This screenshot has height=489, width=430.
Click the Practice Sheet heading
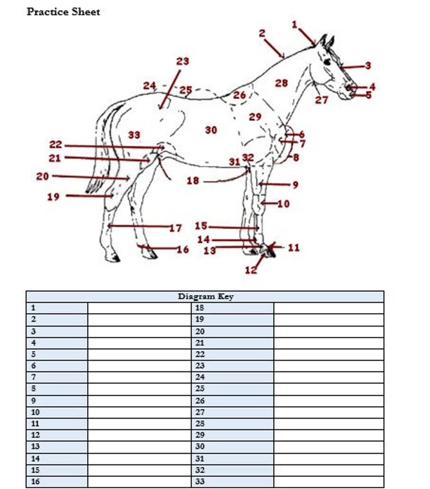pos(63,12)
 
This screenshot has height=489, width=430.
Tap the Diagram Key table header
pos(205,296)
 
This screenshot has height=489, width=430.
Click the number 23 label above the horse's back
pos(182,61)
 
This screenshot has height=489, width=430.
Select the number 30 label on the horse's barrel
pos(211,130)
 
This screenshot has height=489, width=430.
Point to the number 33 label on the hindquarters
pos(134,135)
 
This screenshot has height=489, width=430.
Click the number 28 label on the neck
pos(281,83)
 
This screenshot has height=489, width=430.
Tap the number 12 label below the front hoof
pos(250,270)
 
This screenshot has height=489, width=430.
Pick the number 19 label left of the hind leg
pos(53,197)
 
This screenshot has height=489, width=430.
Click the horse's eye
pos(327,62)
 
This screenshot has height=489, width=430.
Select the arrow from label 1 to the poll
pos(307,36)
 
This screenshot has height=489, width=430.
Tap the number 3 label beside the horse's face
pos(368,65)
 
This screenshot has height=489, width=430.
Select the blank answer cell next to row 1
pos(139,308)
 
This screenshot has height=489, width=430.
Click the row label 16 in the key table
pos(35,481)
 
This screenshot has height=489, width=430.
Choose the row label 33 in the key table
pos(200,481)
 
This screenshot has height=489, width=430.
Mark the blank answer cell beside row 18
pos(328,308)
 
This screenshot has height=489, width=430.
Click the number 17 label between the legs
pos(175,228)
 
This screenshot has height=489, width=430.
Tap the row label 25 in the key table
pos(200,388)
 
